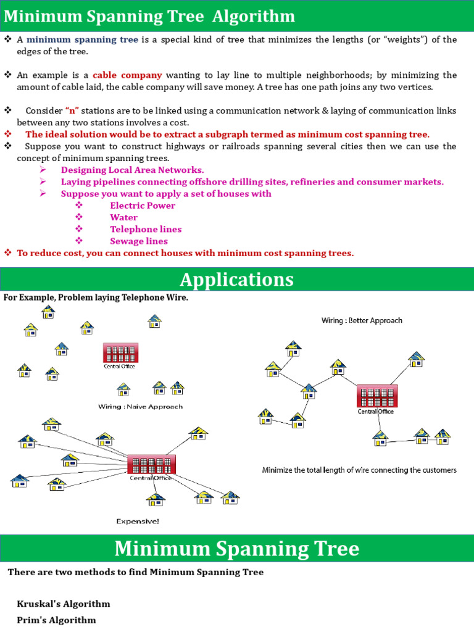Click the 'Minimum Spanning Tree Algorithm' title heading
[x=149, y=16]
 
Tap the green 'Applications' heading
[x=237, y=280]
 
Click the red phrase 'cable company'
[x=127, y=75]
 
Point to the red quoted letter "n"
[x=72, y=110]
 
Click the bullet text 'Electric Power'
[x=143, y=206]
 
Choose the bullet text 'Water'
[x=123, y=217]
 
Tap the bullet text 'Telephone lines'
[x=146, y=229]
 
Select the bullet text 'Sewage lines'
[x=139, y=241]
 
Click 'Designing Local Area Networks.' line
[x=132, y=170]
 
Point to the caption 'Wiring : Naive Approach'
[x=140, y=407]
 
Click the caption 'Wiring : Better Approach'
[x=362, y=320]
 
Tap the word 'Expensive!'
[x=138, y=522]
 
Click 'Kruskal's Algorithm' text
[x=64, y=604]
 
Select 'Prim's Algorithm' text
[x=56, y=620]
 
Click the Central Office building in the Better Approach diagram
[x=376, y=396]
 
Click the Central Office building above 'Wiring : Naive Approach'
[x=120, y=353]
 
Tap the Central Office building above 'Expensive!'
[x=151, y=464]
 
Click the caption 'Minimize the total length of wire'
[x=359, y=470]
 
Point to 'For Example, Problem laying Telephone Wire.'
[x=96, y=298]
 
